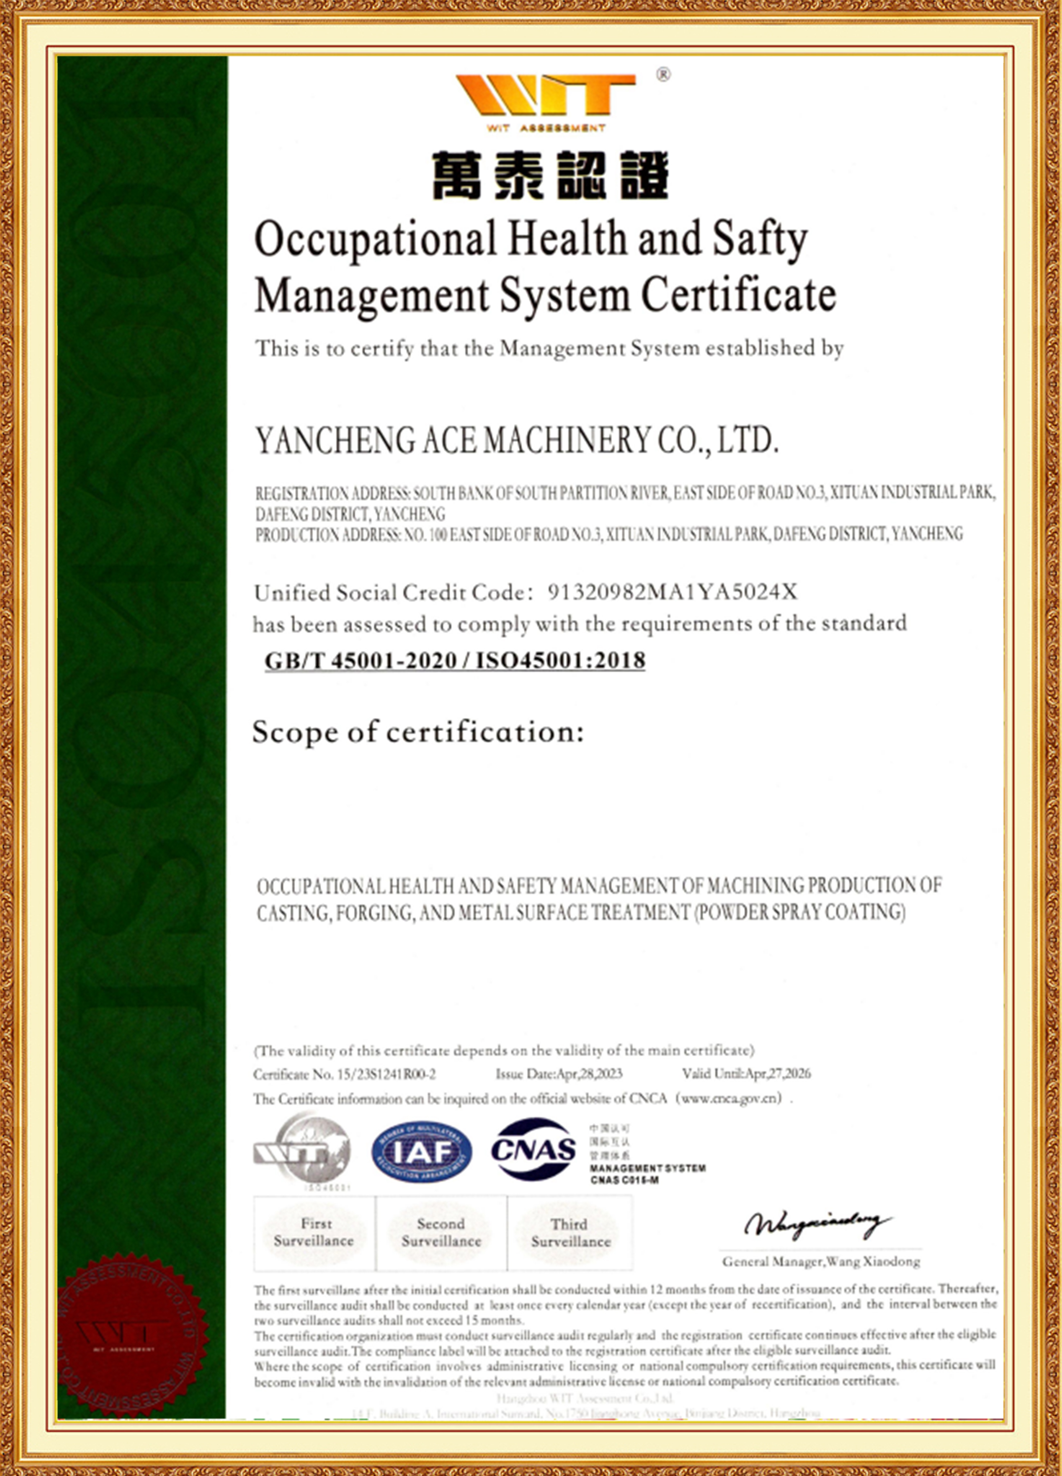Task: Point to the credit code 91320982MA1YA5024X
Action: [x=672, y=592]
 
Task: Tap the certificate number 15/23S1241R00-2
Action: [x=385, y=1074]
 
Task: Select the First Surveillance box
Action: [x=314, y=1232]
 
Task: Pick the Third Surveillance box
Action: [x=570, y=1232]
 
